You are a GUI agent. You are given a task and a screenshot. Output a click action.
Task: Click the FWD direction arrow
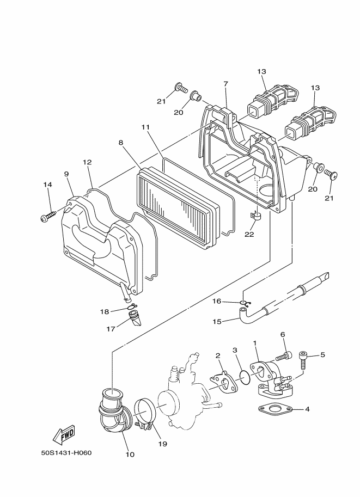64,434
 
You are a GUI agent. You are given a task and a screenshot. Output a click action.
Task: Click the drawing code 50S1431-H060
66,453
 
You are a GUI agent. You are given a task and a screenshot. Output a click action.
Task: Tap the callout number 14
48,185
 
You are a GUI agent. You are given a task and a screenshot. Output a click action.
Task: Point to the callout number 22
249,235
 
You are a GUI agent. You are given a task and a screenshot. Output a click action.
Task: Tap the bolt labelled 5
304,361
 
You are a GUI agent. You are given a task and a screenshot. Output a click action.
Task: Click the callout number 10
130,454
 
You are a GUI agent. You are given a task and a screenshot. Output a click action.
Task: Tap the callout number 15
216,322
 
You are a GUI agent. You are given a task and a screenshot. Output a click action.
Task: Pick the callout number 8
121,143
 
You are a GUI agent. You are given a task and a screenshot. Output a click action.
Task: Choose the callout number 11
145,127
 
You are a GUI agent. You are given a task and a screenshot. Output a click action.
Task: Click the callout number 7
225,84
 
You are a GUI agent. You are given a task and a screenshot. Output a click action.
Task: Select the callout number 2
218,355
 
